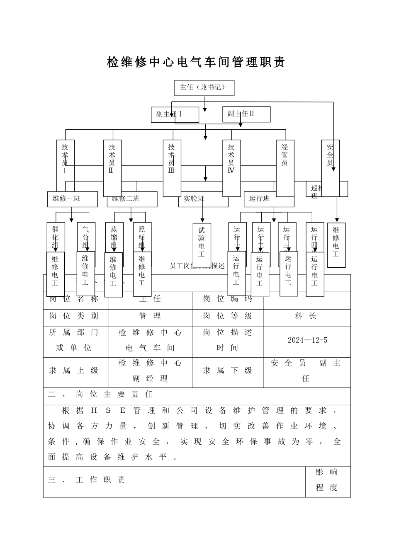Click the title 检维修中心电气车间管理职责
click(196, 63)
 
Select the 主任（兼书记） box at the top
click(204, 88)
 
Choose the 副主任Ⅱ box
click(246, 114)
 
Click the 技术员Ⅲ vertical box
click(172, 168)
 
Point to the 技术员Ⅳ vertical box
click(231, 168)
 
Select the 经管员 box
click(285, 168)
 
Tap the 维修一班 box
click(72, 199)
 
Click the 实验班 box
click(203, 199)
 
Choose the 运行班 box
click(269, 199)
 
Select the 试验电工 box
click(202, 242)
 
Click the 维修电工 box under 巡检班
click(336, 245)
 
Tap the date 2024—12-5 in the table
click(307, 340)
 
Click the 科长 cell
click(307, 316)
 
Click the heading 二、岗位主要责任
click(101, 394)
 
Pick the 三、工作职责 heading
click(87, 480)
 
